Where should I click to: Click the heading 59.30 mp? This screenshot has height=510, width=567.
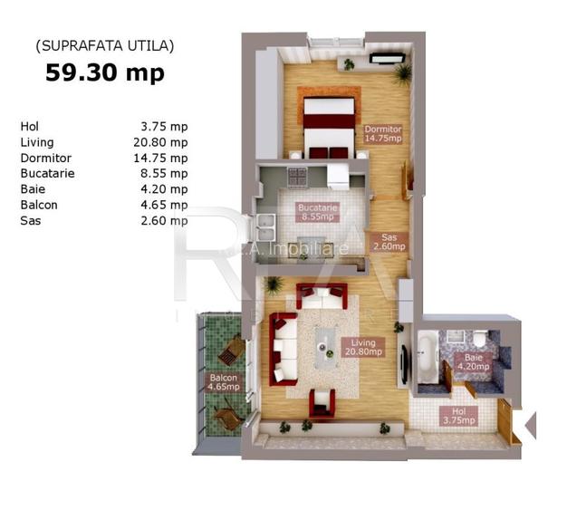[105, 72]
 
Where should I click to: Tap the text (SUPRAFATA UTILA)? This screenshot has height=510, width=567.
[104, 44]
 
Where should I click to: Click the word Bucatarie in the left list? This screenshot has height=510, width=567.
[47, 173]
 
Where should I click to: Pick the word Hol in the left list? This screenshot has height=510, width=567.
[29, 127]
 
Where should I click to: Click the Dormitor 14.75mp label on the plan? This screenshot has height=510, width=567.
[383, 134]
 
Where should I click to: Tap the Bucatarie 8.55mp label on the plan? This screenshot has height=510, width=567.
[317, 212]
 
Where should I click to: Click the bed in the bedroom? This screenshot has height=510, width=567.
[327, 126]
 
